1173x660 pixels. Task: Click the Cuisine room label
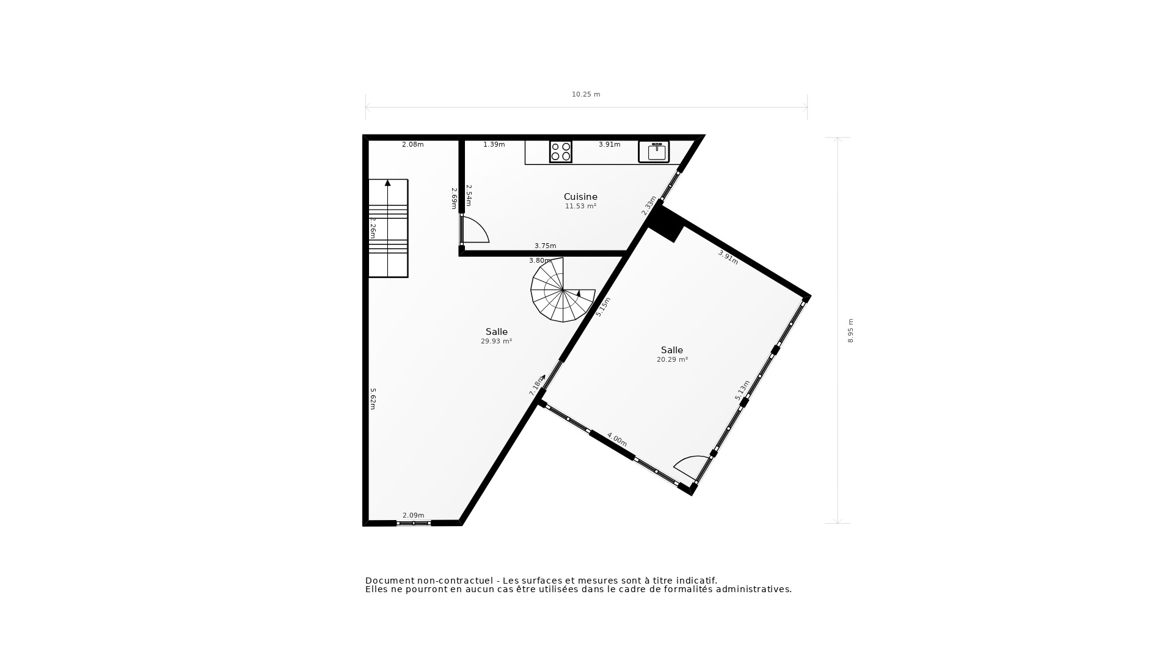click(x=580, y=197)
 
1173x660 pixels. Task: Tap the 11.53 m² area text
click(x=580, y=207)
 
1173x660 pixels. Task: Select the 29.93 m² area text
click(x=496, y=342)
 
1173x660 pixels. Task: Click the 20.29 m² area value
click(x=672, y=360)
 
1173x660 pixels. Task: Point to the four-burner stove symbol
click(x=561, y=152)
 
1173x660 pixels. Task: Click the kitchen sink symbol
click(x=654, y=152)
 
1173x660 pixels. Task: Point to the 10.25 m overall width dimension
click(x=586, y=95)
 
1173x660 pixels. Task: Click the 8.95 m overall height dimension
click(x=850, y=331)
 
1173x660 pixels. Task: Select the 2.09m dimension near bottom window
click(x=413, y=515)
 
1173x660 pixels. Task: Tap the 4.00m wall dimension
click(x=616, y=439)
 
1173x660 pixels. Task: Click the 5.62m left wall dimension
click(x=373, y=398)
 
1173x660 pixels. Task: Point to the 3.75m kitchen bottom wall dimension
click(x=545, y=246)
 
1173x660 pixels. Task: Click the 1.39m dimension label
click(x=494, y=145)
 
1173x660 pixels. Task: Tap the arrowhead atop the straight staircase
click(x=387, y=183)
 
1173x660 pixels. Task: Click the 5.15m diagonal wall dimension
click(x=603, y=307)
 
